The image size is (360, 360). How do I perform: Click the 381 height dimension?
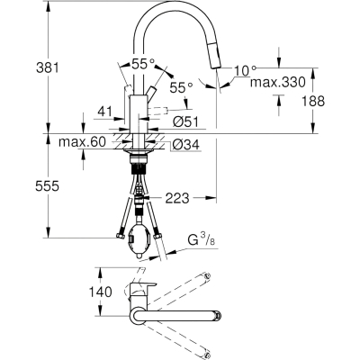point(48,67)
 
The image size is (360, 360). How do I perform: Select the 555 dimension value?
point(48,186)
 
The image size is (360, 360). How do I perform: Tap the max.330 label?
point(278,82)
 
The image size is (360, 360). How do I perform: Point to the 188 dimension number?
point(313,101)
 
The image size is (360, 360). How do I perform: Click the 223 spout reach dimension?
point(177,198)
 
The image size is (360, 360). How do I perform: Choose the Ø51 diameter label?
point(185,122)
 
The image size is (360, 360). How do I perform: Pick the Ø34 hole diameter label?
point(185,146)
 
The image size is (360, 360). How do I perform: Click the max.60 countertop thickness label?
point(83,142)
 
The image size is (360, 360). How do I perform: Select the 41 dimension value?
point(104,112)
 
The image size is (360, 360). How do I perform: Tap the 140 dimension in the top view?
point(100,292)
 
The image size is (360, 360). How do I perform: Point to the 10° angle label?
point(245,71)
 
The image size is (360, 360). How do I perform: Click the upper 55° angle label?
point(143,64)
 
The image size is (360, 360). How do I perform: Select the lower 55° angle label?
point(181,87)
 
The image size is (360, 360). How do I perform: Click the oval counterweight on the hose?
point(139,238)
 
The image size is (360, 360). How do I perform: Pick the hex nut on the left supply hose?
point(121,237)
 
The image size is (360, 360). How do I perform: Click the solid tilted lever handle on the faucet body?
point(151,92)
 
